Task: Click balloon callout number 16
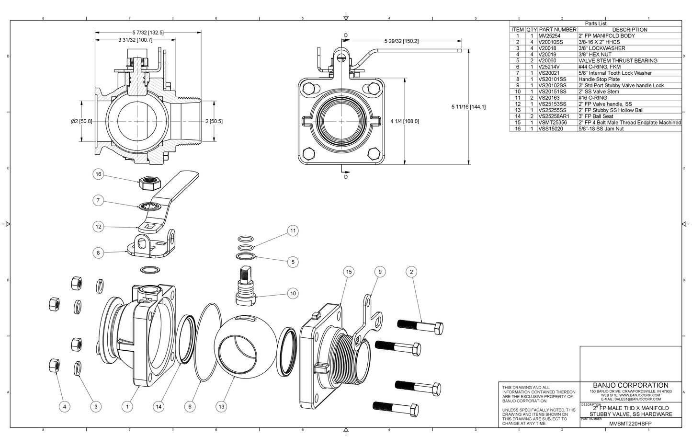pos(98,174)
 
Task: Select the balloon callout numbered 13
pos(221,407)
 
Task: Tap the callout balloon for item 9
pos(380,272)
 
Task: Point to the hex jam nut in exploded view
pos(149,183)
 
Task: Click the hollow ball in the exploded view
pos(246,346)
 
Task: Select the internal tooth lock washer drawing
pos(149,206)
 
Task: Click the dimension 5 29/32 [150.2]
pos(401,41)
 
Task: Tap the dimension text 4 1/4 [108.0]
pos(405,121)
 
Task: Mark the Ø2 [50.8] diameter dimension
pos(81,121)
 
